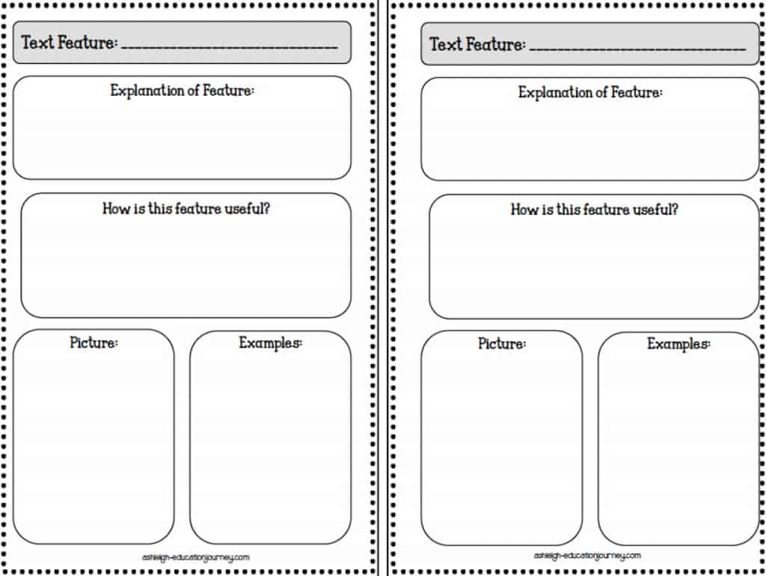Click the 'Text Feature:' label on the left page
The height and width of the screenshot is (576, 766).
[70, 43]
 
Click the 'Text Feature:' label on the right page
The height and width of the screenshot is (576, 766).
[478, 44]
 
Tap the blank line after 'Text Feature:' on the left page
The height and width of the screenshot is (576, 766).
[229, 47]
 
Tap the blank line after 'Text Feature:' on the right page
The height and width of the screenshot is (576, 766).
[637, 49]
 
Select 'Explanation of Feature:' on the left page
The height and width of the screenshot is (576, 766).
[183, 91]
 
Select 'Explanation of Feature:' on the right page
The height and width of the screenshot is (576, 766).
[591, 92]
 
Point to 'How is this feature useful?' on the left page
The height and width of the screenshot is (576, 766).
[186, 209]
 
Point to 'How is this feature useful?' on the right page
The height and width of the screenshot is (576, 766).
[595, 210]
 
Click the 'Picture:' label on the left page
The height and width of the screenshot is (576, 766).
[94, 343]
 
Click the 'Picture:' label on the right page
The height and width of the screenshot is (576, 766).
[502, 344]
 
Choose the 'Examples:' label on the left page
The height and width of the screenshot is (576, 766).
[271, 343]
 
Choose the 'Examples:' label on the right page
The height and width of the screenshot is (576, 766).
[679, 345]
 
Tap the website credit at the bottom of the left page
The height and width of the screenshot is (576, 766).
[196, 557]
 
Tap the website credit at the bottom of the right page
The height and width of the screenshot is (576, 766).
[587, 556]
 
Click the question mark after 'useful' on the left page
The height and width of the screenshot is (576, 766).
[266, 209]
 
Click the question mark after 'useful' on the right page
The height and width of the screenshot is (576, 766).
[675, 210]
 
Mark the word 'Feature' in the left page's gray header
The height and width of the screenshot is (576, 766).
[88, 43]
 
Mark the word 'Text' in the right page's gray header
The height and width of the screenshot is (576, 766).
[446, 44]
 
